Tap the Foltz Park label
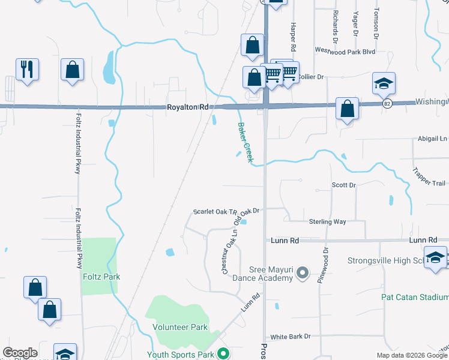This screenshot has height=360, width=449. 101,277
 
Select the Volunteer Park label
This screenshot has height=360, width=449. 180,327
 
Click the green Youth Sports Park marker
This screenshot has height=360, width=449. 223,354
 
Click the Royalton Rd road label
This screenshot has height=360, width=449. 187,107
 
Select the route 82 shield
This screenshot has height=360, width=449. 388,103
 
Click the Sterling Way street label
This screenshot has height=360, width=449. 327,221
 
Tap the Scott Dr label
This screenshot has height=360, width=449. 344,185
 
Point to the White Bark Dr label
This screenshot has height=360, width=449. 291,337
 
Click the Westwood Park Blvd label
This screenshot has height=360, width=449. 345,52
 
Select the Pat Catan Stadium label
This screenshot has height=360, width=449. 415,296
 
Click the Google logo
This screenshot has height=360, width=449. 20,353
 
